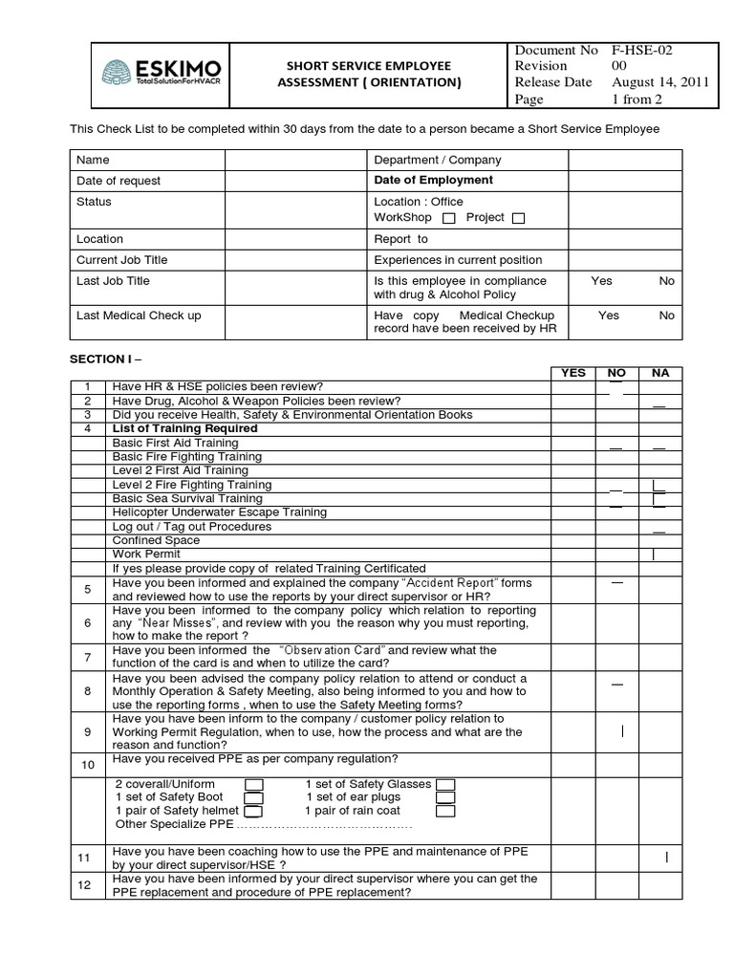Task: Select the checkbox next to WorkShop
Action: [x=449, y=218]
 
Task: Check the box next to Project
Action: [x=518, y=218]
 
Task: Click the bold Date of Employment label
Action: [x=433, y=180]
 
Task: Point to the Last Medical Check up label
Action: [x=139, y=315]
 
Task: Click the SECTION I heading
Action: [x=103, y=359]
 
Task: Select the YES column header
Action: [x=572, y=373]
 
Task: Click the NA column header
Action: [x=660, y=373]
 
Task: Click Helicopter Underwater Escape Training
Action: [x=219, y=512]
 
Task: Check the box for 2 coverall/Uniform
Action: [x=254, y=785]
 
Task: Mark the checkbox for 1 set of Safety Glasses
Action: [x=445, y=785]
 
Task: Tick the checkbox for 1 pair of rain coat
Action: [x=445, y=811]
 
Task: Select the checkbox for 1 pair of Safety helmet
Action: [x=254, y=811]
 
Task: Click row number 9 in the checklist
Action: [x=87, y=732]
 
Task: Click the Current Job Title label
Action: [x=121, y=260]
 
